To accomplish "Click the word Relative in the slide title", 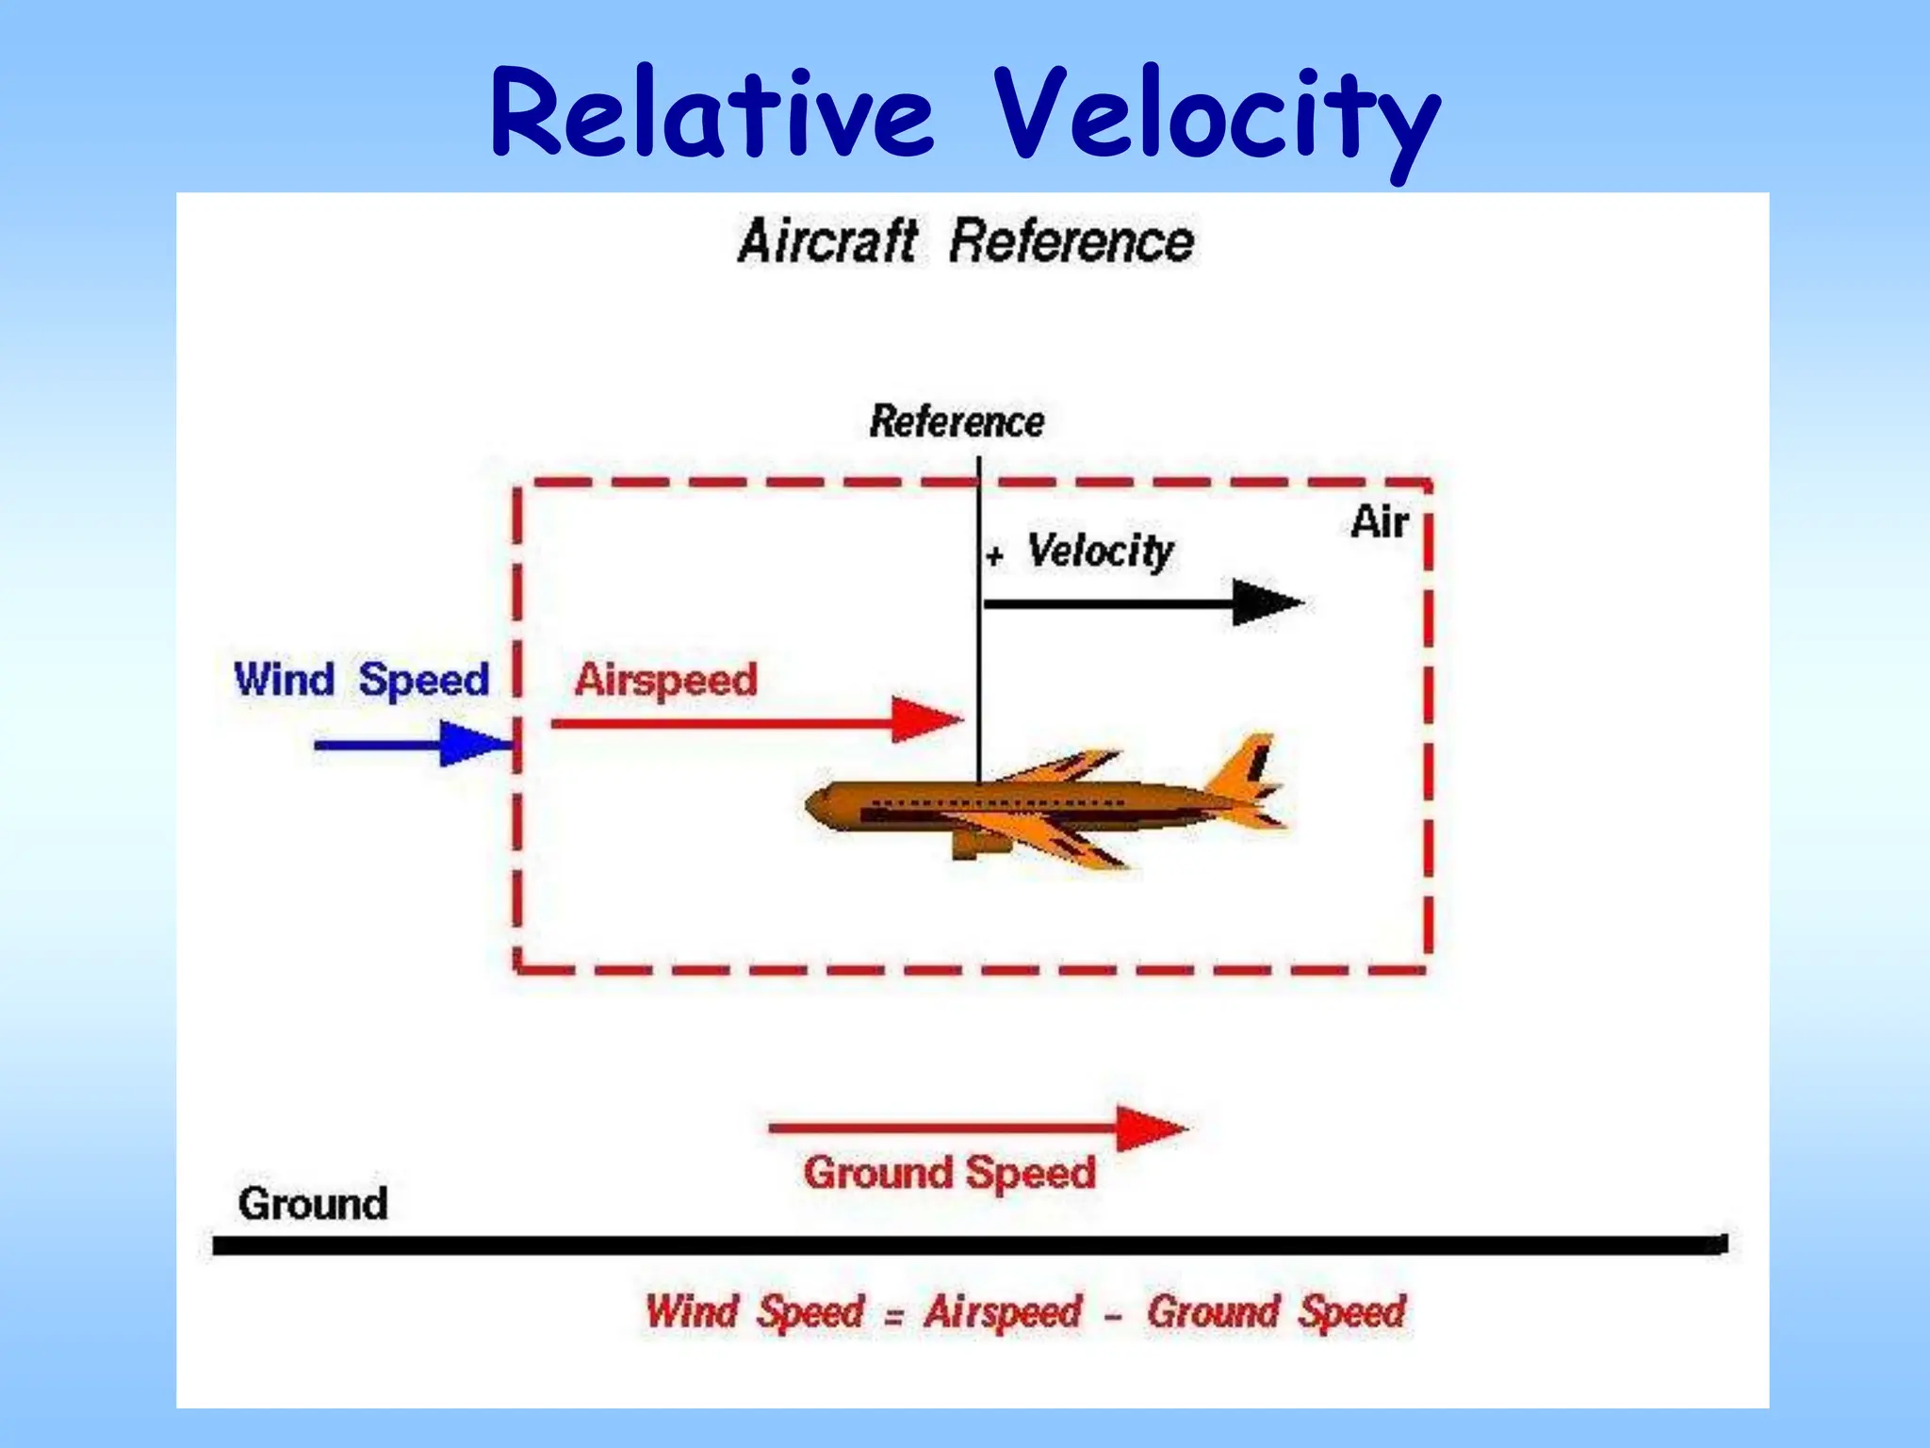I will point(711,115).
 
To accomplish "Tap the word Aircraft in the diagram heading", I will point(827,241).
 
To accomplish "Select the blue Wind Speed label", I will point(362,679).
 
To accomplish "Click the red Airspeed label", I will point(665,680).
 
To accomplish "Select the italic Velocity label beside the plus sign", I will point(1100,551).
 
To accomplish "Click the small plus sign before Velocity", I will point(994,556).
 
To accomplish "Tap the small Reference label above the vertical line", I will point(957,421).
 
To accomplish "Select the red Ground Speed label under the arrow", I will point(949,1174).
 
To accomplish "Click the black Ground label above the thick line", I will point(313,1204).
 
